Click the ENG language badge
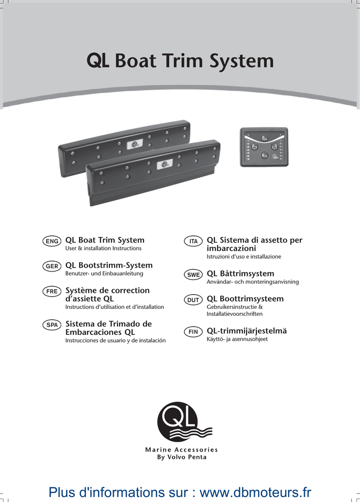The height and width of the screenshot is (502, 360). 52,241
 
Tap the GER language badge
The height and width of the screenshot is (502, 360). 52,266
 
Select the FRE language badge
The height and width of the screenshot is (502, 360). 52,291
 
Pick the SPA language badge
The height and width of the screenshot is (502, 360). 52,325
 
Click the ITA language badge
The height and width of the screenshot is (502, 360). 194,241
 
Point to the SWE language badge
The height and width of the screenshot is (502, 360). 194,275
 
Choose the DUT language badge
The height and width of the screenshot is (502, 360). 194,300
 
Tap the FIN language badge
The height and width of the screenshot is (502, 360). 194,332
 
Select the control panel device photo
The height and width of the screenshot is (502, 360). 264,147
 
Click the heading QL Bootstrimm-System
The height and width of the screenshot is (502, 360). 109,265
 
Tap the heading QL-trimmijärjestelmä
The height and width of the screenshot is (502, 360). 247,331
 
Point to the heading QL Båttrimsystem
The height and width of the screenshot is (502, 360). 240,274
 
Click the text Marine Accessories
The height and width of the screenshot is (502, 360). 181,450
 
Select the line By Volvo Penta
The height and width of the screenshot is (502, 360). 181,457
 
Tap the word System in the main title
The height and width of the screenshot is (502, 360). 241,61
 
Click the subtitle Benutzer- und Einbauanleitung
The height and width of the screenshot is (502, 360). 104,274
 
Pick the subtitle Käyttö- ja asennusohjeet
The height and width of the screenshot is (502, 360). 237,339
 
